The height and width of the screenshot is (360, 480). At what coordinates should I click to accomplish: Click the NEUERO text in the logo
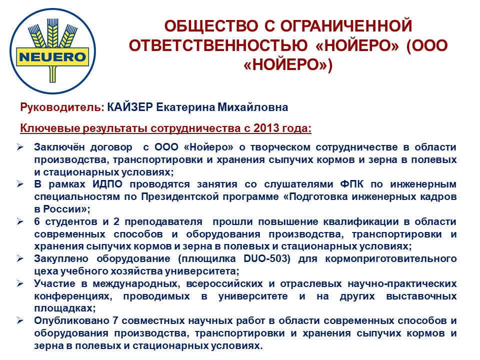tap(52, 57)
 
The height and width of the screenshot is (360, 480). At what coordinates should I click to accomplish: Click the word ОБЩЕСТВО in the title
tap(211, 26)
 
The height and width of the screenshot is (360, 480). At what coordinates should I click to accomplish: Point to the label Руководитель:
tap(62, 107)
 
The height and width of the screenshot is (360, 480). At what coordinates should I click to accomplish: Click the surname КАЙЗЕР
tap(130, 107)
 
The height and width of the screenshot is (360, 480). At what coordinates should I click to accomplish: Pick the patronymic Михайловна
tap(252, 107)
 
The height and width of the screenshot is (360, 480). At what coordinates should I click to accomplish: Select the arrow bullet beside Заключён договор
tap(20, 147)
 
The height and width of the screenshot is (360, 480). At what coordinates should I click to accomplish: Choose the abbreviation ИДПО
tap(107, 184)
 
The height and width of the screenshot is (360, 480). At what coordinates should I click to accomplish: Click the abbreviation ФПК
tap(351, 184)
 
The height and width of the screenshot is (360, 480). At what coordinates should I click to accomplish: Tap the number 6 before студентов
tap(37, 221)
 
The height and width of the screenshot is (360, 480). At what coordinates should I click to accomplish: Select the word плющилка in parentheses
tap(207, 259)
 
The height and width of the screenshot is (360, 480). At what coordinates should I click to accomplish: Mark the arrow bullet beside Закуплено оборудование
tap(20, 258)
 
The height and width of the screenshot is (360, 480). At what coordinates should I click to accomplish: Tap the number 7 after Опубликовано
tap(115, 321)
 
